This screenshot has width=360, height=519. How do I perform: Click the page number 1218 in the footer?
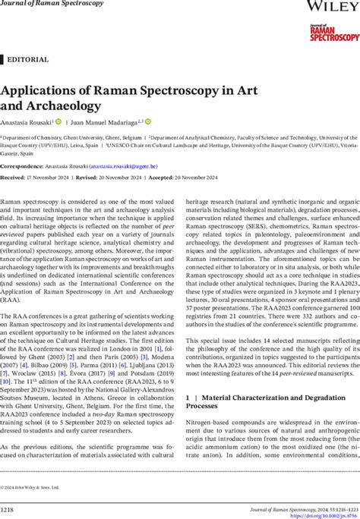[11, 507]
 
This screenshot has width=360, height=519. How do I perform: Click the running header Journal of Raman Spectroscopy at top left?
[46, 5]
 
